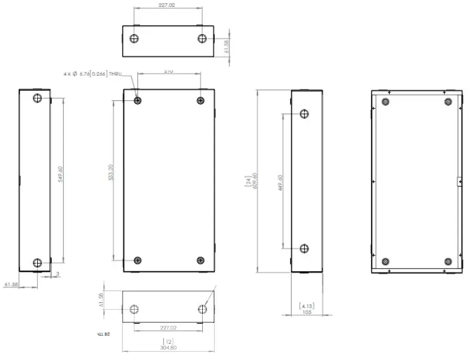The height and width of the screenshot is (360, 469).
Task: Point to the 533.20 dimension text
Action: (111, 173)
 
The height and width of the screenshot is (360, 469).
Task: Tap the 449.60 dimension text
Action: (280, 183)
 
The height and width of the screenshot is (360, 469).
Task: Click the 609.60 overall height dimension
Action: (255, 181)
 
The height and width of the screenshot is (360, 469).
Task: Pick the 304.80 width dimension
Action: (168, 347)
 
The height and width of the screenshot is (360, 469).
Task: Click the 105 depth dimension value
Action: (307, 312)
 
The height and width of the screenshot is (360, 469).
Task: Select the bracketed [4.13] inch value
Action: (307, 305)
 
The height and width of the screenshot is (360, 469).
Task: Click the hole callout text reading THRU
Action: (115, 75)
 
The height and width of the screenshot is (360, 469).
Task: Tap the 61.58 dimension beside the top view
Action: (226, 47)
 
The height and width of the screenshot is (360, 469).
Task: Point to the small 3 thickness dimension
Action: (57, 273)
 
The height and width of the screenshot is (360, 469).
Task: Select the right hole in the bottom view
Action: (203, 309)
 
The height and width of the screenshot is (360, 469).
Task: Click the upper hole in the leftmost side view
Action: (37, 99)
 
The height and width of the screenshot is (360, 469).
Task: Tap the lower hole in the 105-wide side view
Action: (304, 248)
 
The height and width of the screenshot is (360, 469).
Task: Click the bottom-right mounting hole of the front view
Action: (200, 260)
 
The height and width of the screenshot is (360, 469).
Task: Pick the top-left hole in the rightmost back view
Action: (385, 102)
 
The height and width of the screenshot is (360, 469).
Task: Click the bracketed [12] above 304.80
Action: (168, 341)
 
